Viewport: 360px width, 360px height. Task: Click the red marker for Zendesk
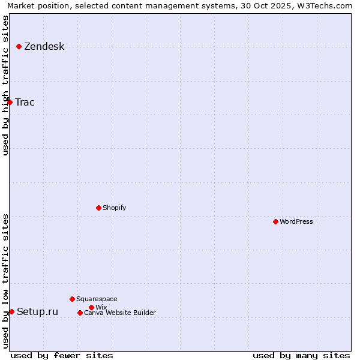19,46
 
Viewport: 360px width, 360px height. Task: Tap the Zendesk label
44,47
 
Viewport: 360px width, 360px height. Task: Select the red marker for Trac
10,102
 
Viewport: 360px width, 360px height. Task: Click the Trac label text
25,102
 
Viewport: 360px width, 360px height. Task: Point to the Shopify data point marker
98,208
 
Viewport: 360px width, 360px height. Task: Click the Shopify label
114,208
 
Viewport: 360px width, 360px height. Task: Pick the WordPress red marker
275,221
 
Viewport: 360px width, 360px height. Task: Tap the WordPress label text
296,221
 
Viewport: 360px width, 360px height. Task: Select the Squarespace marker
72,299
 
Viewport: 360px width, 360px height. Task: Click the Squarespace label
97,299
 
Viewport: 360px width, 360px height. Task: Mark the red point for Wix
91,307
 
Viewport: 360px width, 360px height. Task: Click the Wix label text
101,307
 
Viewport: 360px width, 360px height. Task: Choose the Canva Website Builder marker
80,313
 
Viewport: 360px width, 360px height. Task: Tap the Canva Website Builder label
119,313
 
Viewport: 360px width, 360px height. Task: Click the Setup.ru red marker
11,311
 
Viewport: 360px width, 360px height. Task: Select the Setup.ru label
37,311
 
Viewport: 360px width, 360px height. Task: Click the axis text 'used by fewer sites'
62,355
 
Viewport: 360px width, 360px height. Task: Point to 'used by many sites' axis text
301,355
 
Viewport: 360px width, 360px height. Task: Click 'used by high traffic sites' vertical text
5,85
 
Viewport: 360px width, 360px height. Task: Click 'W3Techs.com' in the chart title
328,5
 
